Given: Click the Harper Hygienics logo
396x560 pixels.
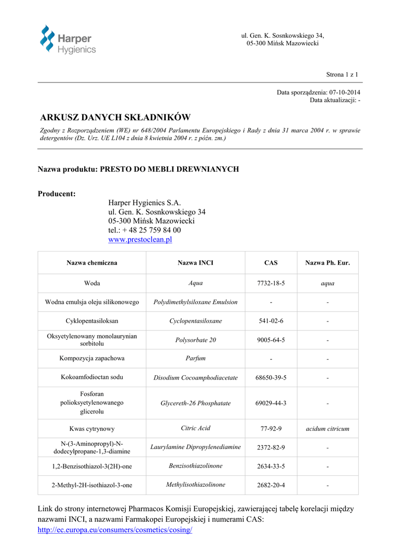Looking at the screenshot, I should [x=68, y=39].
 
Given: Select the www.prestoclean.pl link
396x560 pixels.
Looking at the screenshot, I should [x=140, y=240].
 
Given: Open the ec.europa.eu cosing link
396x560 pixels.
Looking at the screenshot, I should [x=114, y=530].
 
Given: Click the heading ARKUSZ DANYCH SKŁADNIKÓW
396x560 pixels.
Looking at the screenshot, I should [x=115, y=118].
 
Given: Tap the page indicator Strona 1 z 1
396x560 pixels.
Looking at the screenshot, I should [x=342, y=74].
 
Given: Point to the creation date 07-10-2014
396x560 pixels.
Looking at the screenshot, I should [x=345, y=92].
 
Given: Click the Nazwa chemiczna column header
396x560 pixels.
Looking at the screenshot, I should [x=92, y=263].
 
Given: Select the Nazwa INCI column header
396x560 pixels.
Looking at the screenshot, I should [x=195, y=263].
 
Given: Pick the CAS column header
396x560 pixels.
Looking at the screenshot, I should [x=271, y=263].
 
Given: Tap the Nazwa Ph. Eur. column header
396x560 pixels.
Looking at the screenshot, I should [x=327, y=263].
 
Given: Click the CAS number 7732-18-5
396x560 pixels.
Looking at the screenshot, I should [x=271, y=283].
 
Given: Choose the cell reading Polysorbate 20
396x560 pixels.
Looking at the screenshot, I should [x=195, y=340].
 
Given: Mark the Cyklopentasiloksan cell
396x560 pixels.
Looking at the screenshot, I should [x=92, y=321].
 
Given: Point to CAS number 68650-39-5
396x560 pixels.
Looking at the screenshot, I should [x=271, y=378].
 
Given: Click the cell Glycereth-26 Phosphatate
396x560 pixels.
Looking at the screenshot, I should [x=195, y=404].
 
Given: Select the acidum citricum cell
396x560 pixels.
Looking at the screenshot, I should [x=327, y=429].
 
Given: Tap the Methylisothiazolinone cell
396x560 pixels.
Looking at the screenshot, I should [x=195, y=485].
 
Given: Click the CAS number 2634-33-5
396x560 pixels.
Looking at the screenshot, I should [x=271, y=466].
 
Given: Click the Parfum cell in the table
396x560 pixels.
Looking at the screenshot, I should [x=195, y=359].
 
